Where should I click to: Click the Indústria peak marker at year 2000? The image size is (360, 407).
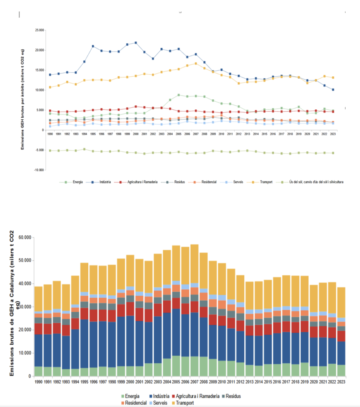coord(136,43)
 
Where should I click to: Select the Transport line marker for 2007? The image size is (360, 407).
coord(196,64)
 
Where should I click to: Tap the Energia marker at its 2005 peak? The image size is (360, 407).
coord(179,95)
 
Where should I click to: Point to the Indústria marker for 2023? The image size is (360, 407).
coord(333,90)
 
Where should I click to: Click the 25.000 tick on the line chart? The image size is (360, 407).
coord(39,30)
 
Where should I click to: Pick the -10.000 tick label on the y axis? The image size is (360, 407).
coord(39,170)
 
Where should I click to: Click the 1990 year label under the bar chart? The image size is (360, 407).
coord(38,382)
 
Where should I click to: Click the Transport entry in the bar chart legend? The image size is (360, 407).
coord(185,403)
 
